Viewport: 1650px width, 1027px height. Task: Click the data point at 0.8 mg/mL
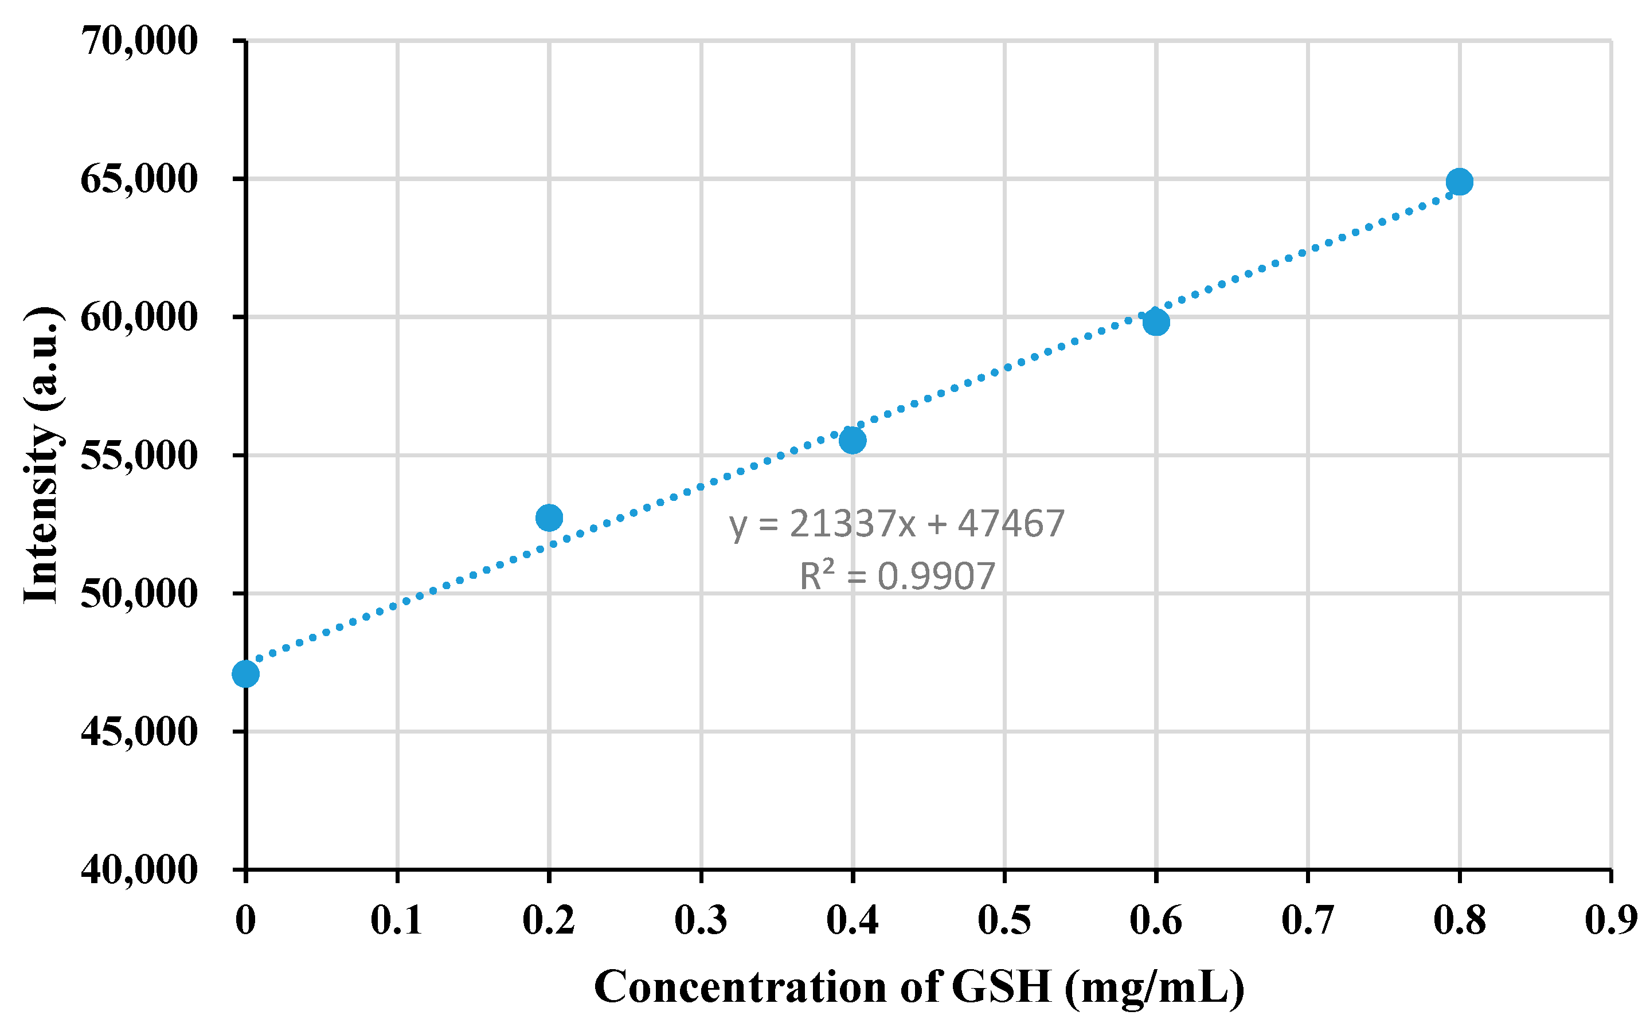pos(1459,181)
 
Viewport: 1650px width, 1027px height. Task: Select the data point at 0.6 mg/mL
pos(1155,322)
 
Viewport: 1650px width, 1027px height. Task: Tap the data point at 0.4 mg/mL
pos(853,440)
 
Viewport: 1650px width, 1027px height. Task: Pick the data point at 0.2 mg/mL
pos(549,518)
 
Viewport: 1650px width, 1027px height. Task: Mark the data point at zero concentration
pos(245,674)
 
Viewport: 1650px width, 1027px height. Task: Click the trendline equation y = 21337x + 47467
pos(897,524)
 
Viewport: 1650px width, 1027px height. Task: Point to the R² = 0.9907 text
pos(897,576)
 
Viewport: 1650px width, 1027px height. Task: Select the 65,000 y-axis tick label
pos(139,179)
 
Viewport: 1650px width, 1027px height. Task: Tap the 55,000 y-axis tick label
pos(139,455)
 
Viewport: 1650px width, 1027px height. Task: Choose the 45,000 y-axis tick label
pos(139,731)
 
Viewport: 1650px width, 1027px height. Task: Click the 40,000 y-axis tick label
pos(139,869)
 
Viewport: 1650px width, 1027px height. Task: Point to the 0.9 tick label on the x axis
pos(1610,921)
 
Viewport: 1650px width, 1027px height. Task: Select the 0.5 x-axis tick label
pos(1004,921)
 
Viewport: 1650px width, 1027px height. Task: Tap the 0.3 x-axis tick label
pos(701,921)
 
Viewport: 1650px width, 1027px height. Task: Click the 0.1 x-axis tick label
pos(397,921)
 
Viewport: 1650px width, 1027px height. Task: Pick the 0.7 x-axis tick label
pos(1308,921)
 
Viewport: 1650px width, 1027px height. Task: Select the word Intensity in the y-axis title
pos(42,513)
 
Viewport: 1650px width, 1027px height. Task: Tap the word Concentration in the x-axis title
pos(740,987)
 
